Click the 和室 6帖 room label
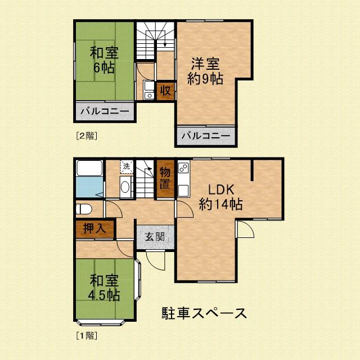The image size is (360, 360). pyautogui.click(x=104, y=61)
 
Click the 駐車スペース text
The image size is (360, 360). pyautogui.click(x=204, y=313)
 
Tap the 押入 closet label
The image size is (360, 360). pyautogui.click(x=94, y=229)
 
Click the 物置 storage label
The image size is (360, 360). pyautogui.click(x=165, y=177)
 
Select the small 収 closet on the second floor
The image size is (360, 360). pyautogui.click(x=165, y=91)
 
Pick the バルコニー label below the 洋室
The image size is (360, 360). pyautogui.click(x=205, y=136)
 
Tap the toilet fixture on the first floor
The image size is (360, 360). pyautogui.click(x=84, y=209)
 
